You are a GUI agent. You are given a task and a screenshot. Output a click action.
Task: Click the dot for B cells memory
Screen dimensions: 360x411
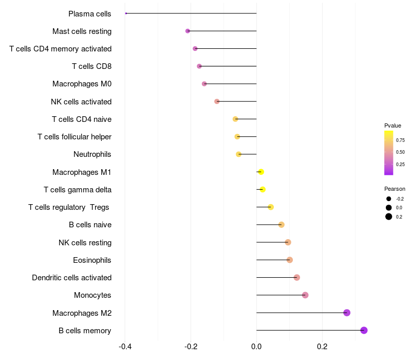pyautogui.click(x=364, y=330)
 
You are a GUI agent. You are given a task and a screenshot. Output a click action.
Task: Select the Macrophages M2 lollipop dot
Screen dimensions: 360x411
pyautogui.click(x=347, y=313)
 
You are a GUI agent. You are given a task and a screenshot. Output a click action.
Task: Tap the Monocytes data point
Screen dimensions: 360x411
pyautogui.click(x=305, y=295)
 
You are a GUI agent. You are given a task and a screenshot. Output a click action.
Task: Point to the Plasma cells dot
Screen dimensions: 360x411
pyautogui.click(x=126, y=13)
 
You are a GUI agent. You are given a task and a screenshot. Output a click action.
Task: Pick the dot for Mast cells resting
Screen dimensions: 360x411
pyautogui.click(x=188, y=31)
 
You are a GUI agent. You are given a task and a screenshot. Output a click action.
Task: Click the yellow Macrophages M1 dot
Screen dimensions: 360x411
pyautogui.click(x=261, y=172)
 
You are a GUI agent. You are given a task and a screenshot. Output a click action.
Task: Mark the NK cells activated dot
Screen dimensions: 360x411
pyautogui.click(x=217, y=101)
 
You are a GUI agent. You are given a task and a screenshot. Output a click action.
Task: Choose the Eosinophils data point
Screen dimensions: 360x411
pyautogui.click(x=290, y=260)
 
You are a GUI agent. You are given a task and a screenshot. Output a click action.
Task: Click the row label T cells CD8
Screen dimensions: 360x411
pyautogui.click(x=91, y=66)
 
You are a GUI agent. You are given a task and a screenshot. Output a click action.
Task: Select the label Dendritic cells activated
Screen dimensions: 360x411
pyautogui.click(x=71, y=278)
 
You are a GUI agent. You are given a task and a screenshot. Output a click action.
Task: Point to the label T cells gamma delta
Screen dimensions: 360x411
pyautogui.click(x=78, y=190)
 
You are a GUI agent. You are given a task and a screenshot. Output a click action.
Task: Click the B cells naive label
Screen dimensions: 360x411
pyautogui.click(x=90, y=225)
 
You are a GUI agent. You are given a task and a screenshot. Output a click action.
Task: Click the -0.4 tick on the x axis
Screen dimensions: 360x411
pyautogui.click(x=125, y=347)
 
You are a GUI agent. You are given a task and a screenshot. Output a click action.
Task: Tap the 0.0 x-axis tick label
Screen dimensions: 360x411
pyautogui.click(x=256, y=347)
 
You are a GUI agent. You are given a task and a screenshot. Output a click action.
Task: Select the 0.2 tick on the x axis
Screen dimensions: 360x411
pyautogui.click(x=322, y=347)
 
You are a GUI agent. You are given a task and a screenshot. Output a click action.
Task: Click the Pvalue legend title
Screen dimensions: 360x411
pyautogui.click(x=393, y=125)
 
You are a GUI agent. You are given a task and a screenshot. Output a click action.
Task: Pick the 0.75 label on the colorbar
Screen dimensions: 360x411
pyautogui.click(x=400, y=140)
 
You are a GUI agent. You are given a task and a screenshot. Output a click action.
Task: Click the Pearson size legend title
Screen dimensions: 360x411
pyautogui.click(x=395, y=189)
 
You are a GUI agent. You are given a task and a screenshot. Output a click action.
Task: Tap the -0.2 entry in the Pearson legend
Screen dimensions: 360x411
pyautogui.click(x=399, y=199)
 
